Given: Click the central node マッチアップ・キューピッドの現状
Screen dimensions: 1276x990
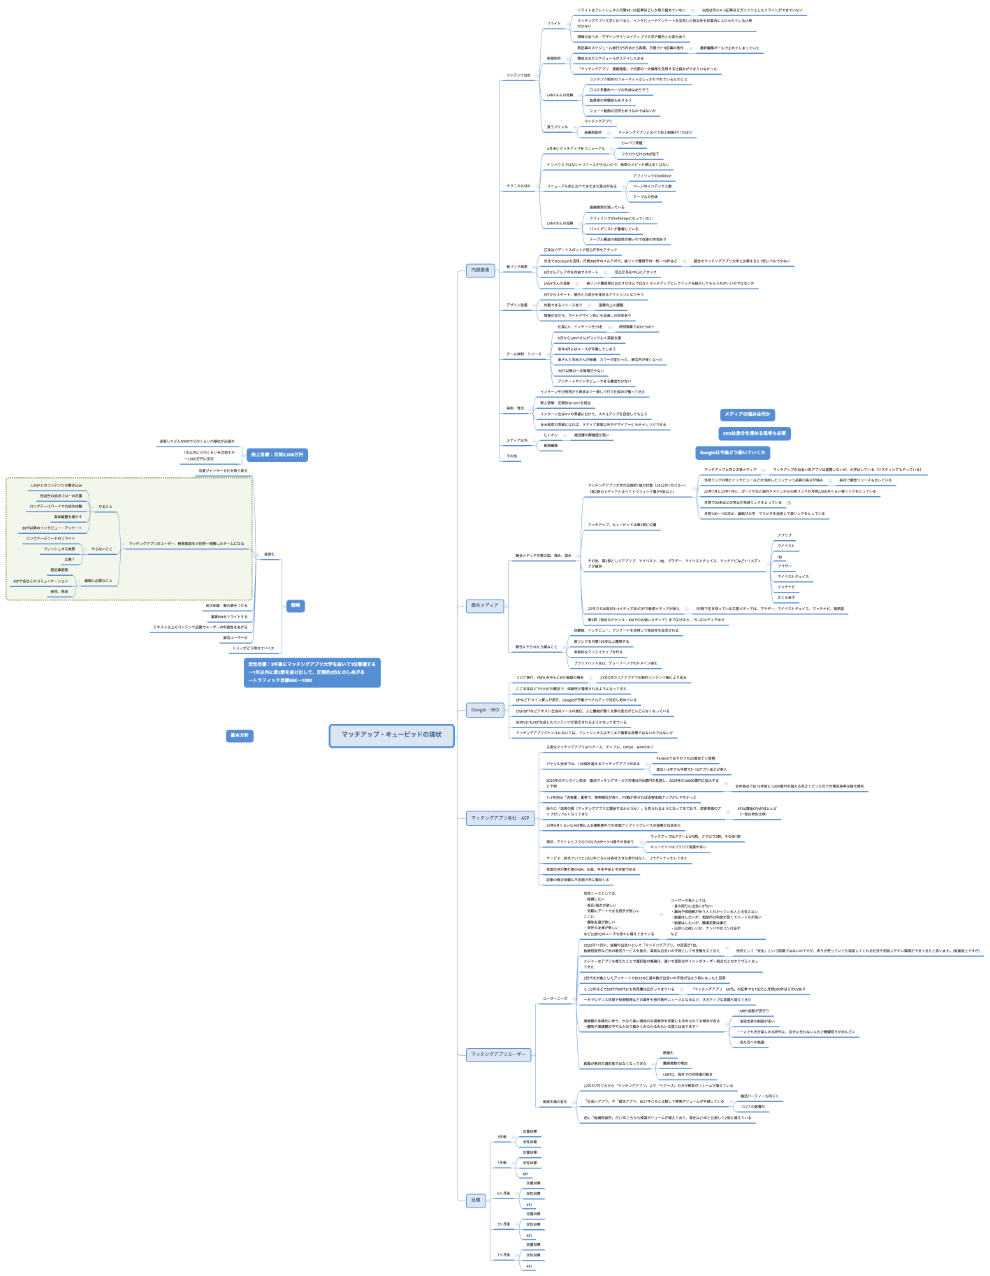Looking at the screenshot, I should click(391, 735).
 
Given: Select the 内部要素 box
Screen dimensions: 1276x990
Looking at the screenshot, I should click(481, 270).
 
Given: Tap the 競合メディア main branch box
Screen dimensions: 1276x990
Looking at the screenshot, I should click(486, 605).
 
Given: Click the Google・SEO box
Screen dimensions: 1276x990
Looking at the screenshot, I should click(485, 710).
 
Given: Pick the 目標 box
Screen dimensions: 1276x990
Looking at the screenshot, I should click(476, 1200).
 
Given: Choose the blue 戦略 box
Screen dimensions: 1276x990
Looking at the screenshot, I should click(296, 606).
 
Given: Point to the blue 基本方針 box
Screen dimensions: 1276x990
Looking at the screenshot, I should click(240, 736).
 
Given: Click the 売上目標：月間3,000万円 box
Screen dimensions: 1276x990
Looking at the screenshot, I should click(277, 455).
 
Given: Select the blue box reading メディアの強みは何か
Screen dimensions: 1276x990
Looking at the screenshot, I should click(747, 414).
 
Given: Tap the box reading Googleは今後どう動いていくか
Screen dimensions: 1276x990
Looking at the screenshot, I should click(732, 453).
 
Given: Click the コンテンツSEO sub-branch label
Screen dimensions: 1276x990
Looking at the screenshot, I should click(518, 75).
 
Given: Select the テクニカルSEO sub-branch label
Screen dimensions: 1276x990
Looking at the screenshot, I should click(518, 187).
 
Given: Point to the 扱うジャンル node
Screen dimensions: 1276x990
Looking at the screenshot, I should click(558, 127).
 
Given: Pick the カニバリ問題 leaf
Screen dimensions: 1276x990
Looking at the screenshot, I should click(632, 143).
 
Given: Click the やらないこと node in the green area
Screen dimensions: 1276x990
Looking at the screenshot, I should click(101, 549).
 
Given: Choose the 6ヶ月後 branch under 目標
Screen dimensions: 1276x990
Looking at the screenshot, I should click(503, 1194).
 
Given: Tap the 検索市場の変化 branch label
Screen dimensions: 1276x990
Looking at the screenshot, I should click(555, 1102).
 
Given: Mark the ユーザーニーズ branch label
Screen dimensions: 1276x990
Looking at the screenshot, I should click(555, 999).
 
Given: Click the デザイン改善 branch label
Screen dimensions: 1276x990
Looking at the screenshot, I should click(517, 305).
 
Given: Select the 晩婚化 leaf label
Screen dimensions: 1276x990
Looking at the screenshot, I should click(668, 1053).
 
